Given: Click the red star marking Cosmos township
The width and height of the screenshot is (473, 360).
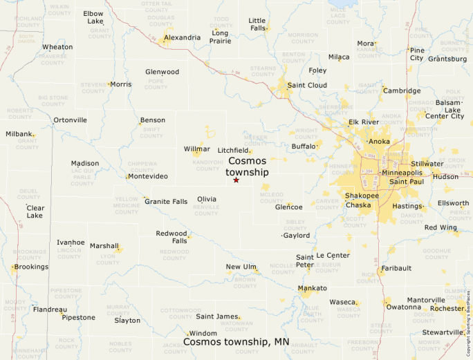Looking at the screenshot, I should point(236,180).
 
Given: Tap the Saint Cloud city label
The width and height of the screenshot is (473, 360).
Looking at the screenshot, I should point(307,85).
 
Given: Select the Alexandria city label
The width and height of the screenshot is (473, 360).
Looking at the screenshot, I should point(183,37).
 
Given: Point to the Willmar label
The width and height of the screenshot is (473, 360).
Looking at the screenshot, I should point(197,149).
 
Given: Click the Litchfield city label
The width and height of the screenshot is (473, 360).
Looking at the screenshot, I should point(233,150).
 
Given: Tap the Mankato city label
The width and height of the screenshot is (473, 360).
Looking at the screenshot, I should point(312,287).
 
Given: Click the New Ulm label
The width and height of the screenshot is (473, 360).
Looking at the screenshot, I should point(241,267).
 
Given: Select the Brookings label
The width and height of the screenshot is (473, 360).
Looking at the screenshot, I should point(31,267).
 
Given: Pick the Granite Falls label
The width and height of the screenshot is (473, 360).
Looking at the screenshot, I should point(166,202).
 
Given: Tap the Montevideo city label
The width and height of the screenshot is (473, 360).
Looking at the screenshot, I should point(148,176).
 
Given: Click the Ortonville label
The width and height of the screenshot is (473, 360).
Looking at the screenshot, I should point(71,120).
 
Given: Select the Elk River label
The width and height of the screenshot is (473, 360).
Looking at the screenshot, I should point(364,122).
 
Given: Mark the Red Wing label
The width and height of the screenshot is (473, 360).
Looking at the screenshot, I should point(440,227).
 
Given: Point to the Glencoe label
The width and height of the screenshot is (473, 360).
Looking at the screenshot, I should point(289,207).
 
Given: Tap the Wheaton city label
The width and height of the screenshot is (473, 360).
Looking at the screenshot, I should point(57,47).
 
